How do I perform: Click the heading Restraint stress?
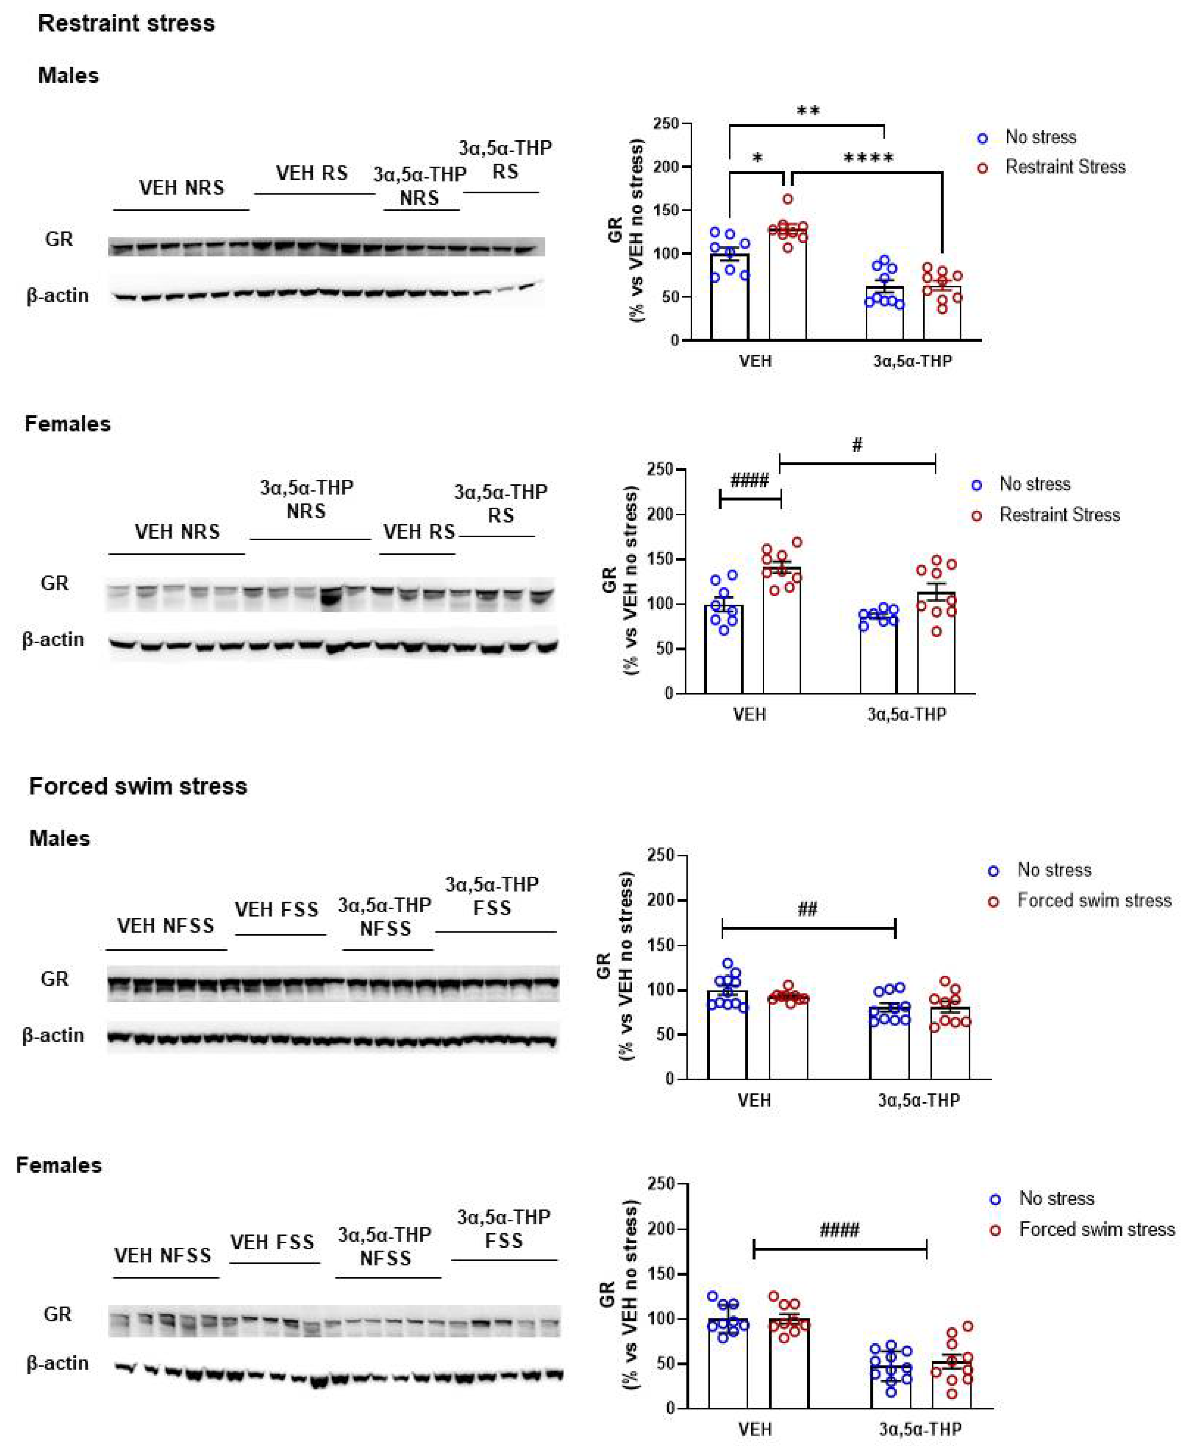tap(126, 23)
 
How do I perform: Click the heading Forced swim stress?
tap(138, 786)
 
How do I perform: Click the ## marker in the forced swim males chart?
tap(808, 909)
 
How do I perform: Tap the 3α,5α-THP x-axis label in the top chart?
tap(913, 361)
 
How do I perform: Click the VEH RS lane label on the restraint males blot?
tap(312, 173)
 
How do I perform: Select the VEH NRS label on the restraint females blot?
tap(177, 532)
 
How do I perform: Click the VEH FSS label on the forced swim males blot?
tap(276, 910)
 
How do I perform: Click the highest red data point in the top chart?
tap(788, 199)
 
